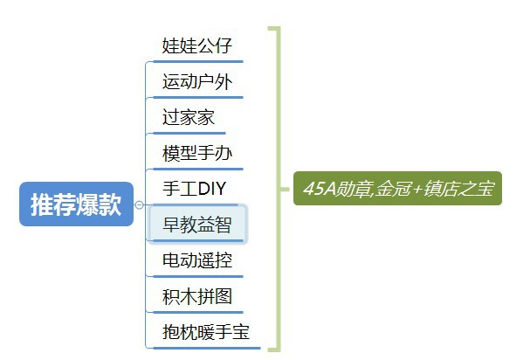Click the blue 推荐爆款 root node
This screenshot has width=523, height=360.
(76, 204)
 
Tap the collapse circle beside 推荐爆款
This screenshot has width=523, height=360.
(140, 204)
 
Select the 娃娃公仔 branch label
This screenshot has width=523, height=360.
(197, 45)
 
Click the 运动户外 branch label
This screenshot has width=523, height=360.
(197, 81)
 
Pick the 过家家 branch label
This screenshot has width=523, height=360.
(189, 117)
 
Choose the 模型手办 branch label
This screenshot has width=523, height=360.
(197, 153)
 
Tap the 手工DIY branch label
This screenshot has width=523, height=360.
(195, 189)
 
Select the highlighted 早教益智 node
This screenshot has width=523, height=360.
(197, 224)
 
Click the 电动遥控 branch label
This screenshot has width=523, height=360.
(197, 260)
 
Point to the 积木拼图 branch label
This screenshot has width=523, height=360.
(197, 296)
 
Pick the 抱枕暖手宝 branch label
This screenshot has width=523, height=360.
(206, 332)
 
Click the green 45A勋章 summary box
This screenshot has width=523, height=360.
(397, 189)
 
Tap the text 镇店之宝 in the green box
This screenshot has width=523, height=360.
(459, 189)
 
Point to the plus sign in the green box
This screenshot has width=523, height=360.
(417, 190)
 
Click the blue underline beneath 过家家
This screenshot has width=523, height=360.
(189, 133)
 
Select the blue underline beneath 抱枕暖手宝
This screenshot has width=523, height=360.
(207, 349)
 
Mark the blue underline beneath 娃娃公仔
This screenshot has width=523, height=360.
(198, 61)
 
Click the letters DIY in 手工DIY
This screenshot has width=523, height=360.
(212, 189)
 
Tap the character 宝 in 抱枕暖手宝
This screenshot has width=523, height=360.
(241, 332)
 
